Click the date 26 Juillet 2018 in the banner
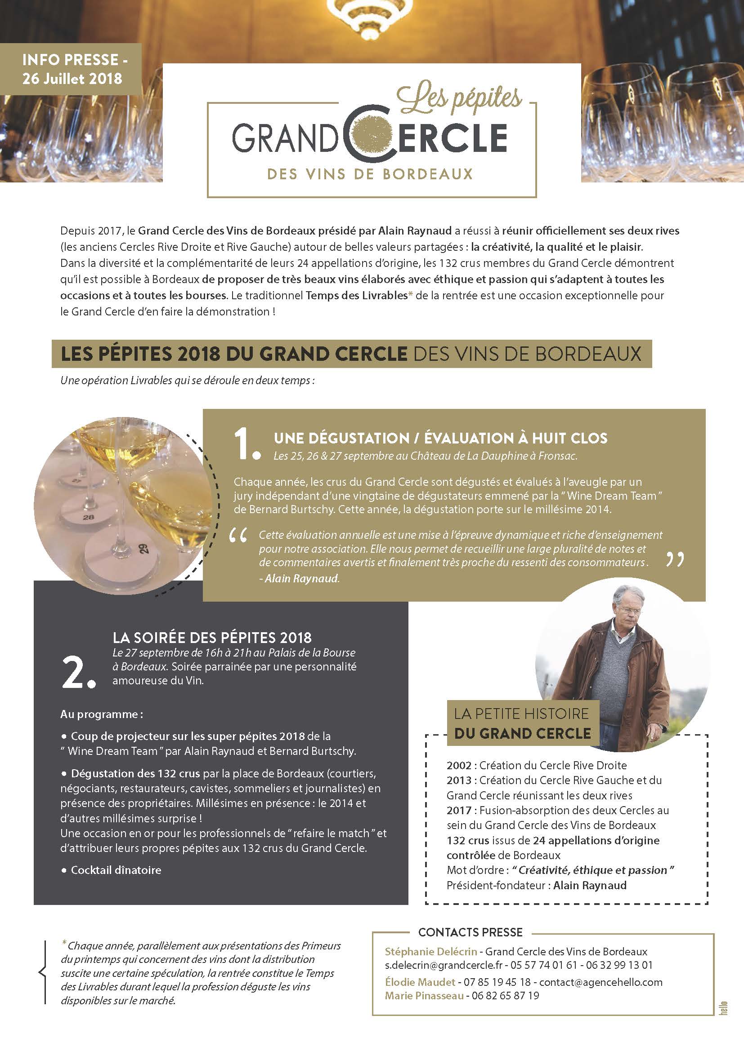click(x=72, y=78)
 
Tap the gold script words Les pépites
click(x=458, y=99)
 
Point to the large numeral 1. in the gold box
click(x=247, y=445)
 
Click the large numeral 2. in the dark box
click(x=78, y=674)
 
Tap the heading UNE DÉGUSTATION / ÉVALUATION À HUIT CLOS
click(x=440, y=438)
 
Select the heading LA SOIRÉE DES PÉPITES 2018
click(x=212, y=637)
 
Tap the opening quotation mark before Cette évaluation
click(x=238, y=536)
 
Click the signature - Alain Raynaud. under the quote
click(x=299, y=579)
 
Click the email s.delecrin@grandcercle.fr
click(x=444, y=965)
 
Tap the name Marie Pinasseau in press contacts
click(x=424, y=996)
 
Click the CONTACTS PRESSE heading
click(x=470, y=932)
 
